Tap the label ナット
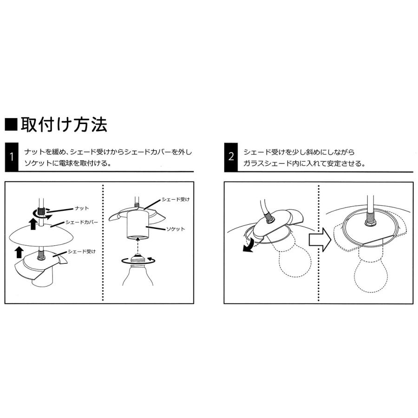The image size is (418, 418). (x=81, y=209)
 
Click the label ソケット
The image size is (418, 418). (x=176, y=229)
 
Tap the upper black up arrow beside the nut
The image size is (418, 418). (x=33, y=225)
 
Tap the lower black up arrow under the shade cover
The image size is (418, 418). (x=19, y=252)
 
